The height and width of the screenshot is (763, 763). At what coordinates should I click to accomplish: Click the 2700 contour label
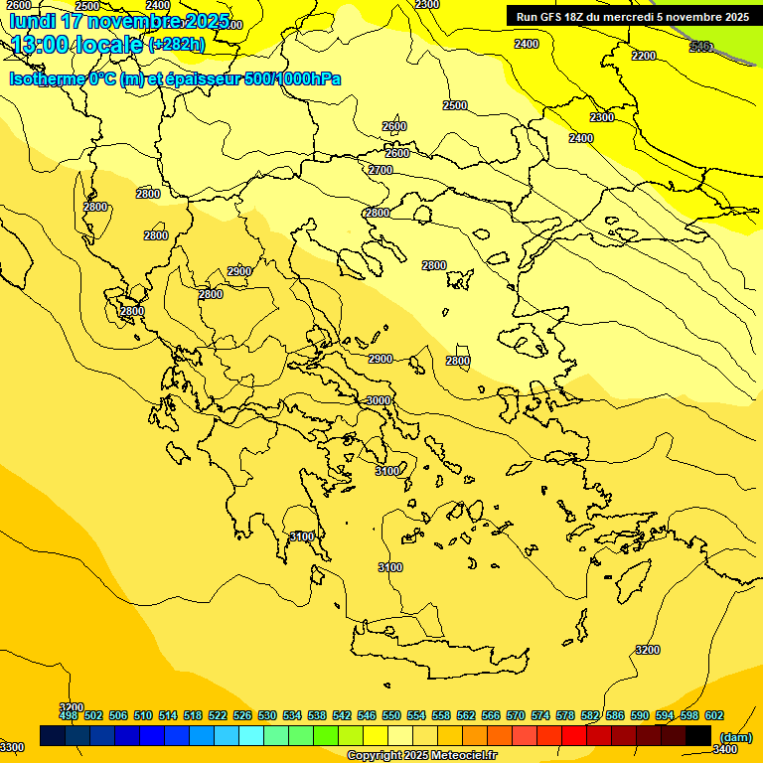coord(381,170)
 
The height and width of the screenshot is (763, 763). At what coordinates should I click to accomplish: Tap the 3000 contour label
coord(379,400)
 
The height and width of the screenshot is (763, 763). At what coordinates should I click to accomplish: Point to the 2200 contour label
coord(644,56)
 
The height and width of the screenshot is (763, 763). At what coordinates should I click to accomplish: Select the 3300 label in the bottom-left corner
coord(12,747)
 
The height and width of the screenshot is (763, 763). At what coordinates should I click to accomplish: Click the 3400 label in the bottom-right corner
coord(725,749)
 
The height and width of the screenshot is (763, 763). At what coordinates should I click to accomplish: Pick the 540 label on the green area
coord(700,46)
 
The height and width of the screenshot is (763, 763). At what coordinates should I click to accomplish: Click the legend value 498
coord(69,715)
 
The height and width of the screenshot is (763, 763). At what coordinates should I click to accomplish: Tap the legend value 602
coord(713,715)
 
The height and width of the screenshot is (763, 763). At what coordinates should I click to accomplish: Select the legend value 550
coord(391,715)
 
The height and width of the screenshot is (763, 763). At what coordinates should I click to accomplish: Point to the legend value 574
coord(540,715)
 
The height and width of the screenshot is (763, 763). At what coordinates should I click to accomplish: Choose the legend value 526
coord(242,715)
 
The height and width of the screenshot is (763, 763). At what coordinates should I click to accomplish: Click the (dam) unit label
coord(736,736)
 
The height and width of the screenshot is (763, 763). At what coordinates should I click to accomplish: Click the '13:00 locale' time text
coord(77,45)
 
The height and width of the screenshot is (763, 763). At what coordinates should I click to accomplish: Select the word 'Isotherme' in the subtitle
coord(46,78)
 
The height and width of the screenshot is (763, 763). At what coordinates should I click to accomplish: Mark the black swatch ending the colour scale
coord(698,735)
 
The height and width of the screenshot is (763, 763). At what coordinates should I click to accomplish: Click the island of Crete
coord(437,651)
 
